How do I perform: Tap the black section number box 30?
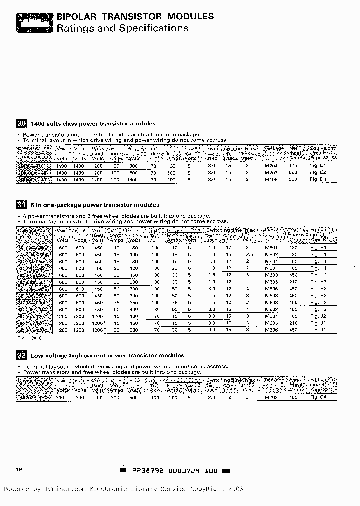21,123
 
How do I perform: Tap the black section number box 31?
21,205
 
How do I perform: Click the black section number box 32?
21,355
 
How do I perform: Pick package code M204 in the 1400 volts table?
271,165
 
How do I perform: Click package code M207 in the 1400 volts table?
271,172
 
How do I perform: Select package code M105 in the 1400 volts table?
271,179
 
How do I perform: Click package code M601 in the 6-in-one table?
271,247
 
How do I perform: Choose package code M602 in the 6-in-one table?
271,254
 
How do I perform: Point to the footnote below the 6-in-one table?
31,338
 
